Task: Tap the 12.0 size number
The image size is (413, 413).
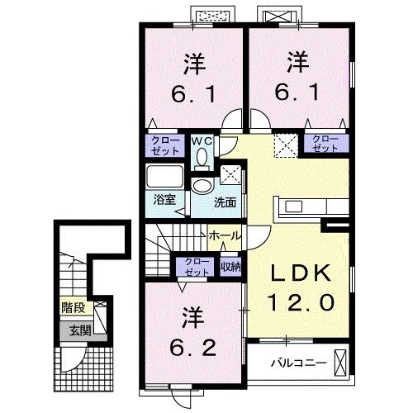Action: click(x=301, y=303)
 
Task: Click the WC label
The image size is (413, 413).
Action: click(x=202, y=141)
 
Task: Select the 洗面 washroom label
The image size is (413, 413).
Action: click(x=225, y=201)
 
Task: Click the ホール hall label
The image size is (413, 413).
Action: click(x=225, y=235)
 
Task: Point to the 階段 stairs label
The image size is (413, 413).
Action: click(x=73, y=308)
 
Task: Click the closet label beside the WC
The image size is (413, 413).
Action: click(x=166, y=145)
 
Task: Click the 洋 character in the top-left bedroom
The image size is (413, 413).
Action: click(x=194, y=64)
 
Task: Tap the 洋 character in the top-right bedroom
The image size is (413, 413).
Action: click(x=298, y=63)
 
